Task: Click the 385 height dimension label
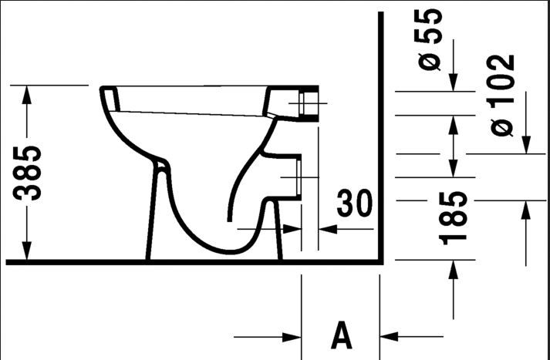pyautogui.click(x=27, y=173)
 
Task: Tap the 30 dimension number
pyautogui.click(x=354, y=204)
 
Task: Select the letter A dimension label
pyautogui.click(x=341, y=335)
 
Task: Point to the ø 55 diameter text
pyautogui.click(x=428, y=39)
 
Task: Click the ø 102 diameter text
pyautogui.click(x=502, y=96)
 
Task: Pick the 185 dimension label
pyautogui.click(x=453, y=217)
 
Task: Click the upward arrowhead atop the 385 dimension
pyautogui.click(x=27, y=95)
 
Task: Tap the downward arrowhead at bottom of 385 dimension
pyautogui.click(x=27, y=251)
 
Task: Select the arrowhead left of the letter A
pyautogui.click(x=292, y=337)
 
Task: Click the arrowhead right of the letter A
pyautogui.click(x=389, y=337)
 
